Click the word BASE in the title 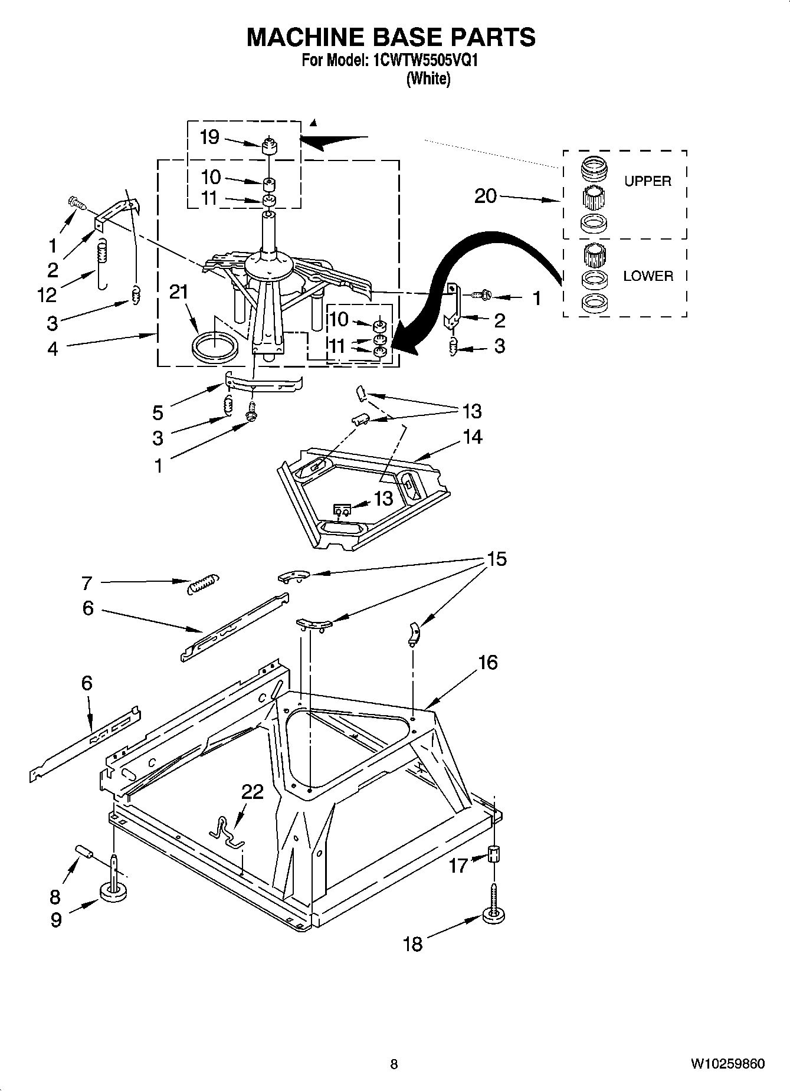tap(390, 37)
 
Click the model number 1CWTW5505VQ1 tap(422, 61)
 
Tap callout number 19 tap(209, 137)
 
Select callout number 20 tap(486, 196)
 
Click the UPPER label tap(648, 182)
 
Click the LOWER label tap(648, 276)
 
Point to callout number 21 tap(179, 292)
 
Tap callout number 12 tap(47, 294)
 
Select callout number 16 tap(487, 663)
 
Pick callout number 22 tap(253, 791)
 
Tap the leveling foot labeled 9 tap(113, 893)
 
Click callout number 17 tap(458, 866)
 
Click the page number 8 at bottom tap(394, 1064)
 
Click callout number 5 tap(158, 412)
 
